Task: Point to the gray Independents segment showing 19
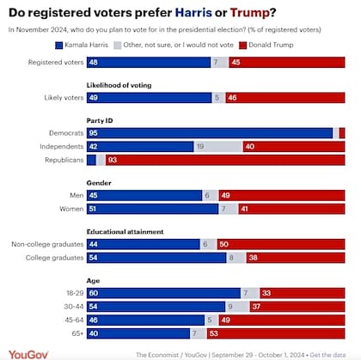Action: point(217,147)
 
